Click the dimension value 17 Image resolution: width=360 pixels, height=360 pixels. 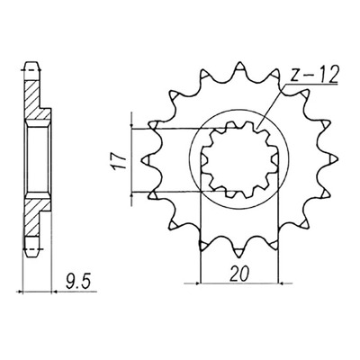119,163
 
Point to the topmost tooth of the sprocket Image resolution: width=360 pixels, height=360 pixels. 239,67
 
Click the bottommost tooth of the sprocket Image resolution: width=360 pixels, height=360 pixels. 239,253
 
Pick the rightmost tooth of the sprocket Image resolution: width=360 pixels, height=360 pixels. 333,159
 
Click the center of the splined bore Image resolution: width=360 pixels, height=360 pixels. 239,159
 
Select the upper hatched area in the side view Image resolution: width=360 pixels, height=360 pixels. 34,100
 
